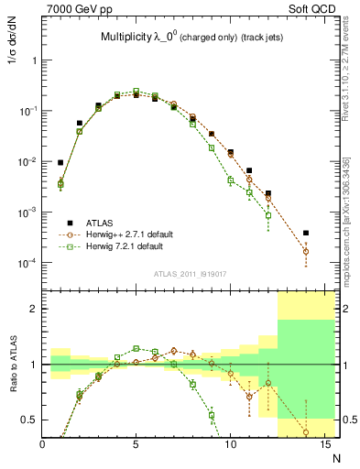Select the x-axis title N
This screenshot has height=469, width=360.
[x=333, y=457]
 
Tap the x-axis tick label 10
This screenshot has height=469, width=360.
[x=230, y=445]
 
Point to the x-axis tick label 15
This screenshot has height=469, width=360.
[x=323, y=445]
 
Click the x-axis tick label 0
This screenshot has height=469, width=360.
[x=43, y=445]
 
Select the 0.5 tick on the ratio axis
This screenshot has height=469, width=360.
[x=29, y=420]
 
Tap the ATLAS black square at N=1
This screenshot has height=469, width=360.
[x=61, y=162]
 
